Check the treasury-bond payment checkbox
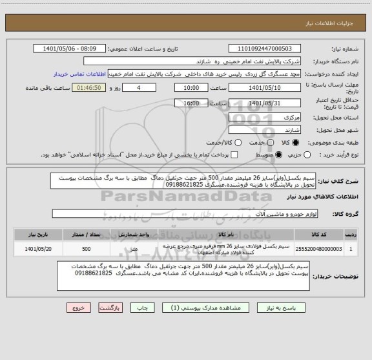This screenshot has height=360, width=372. click(234, 155)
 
